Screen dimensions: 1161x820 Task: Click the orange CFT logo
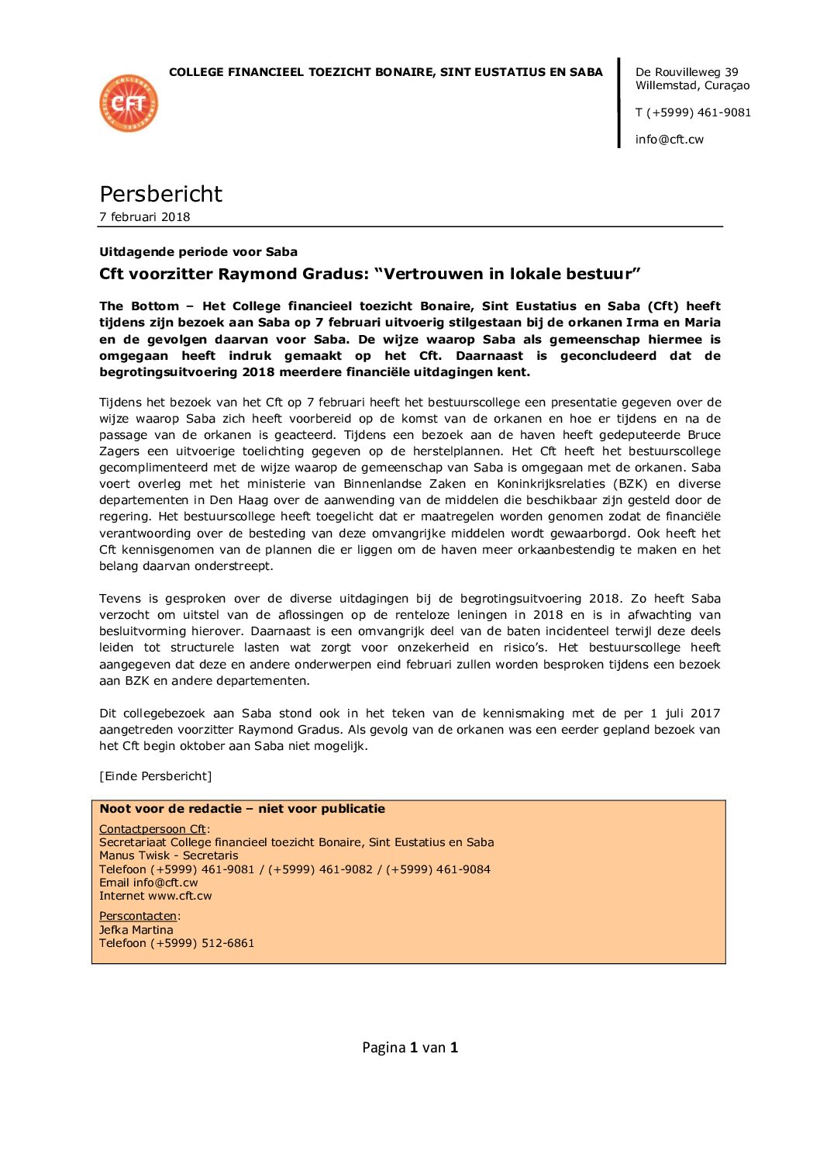click(129, 103)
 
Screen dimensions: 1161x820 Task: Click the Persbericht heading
click(160, 194)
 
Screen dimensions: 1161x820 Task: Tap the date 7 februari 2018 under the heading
click(144, 217)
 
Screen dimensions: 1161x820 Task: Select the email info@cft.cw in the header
click(669, 140)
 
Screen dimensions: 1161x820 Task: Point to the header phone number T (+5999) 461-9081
click(693, 112)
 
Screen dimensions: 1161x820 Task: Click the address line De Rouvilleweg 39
click(687, 72)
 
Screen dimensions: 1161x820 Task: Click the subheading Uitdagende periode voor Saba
click(198, 252)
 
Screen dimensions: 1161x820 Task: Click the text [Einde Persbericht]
click(155, 776)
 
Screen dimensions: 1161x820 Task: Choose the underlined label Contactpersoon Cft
click(153, 829)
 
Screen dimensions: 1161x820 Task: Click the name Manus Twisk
click(129, 855)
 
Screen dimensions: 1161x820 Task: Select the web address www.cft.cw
click(180, 896)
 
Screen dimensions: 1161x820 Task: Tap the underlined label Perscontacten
click(138, 916)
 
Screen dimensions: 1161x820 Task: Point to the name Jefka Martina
click(136, 930)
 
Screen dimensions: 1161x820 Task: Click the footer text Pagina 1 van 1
click(410, 1048)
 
